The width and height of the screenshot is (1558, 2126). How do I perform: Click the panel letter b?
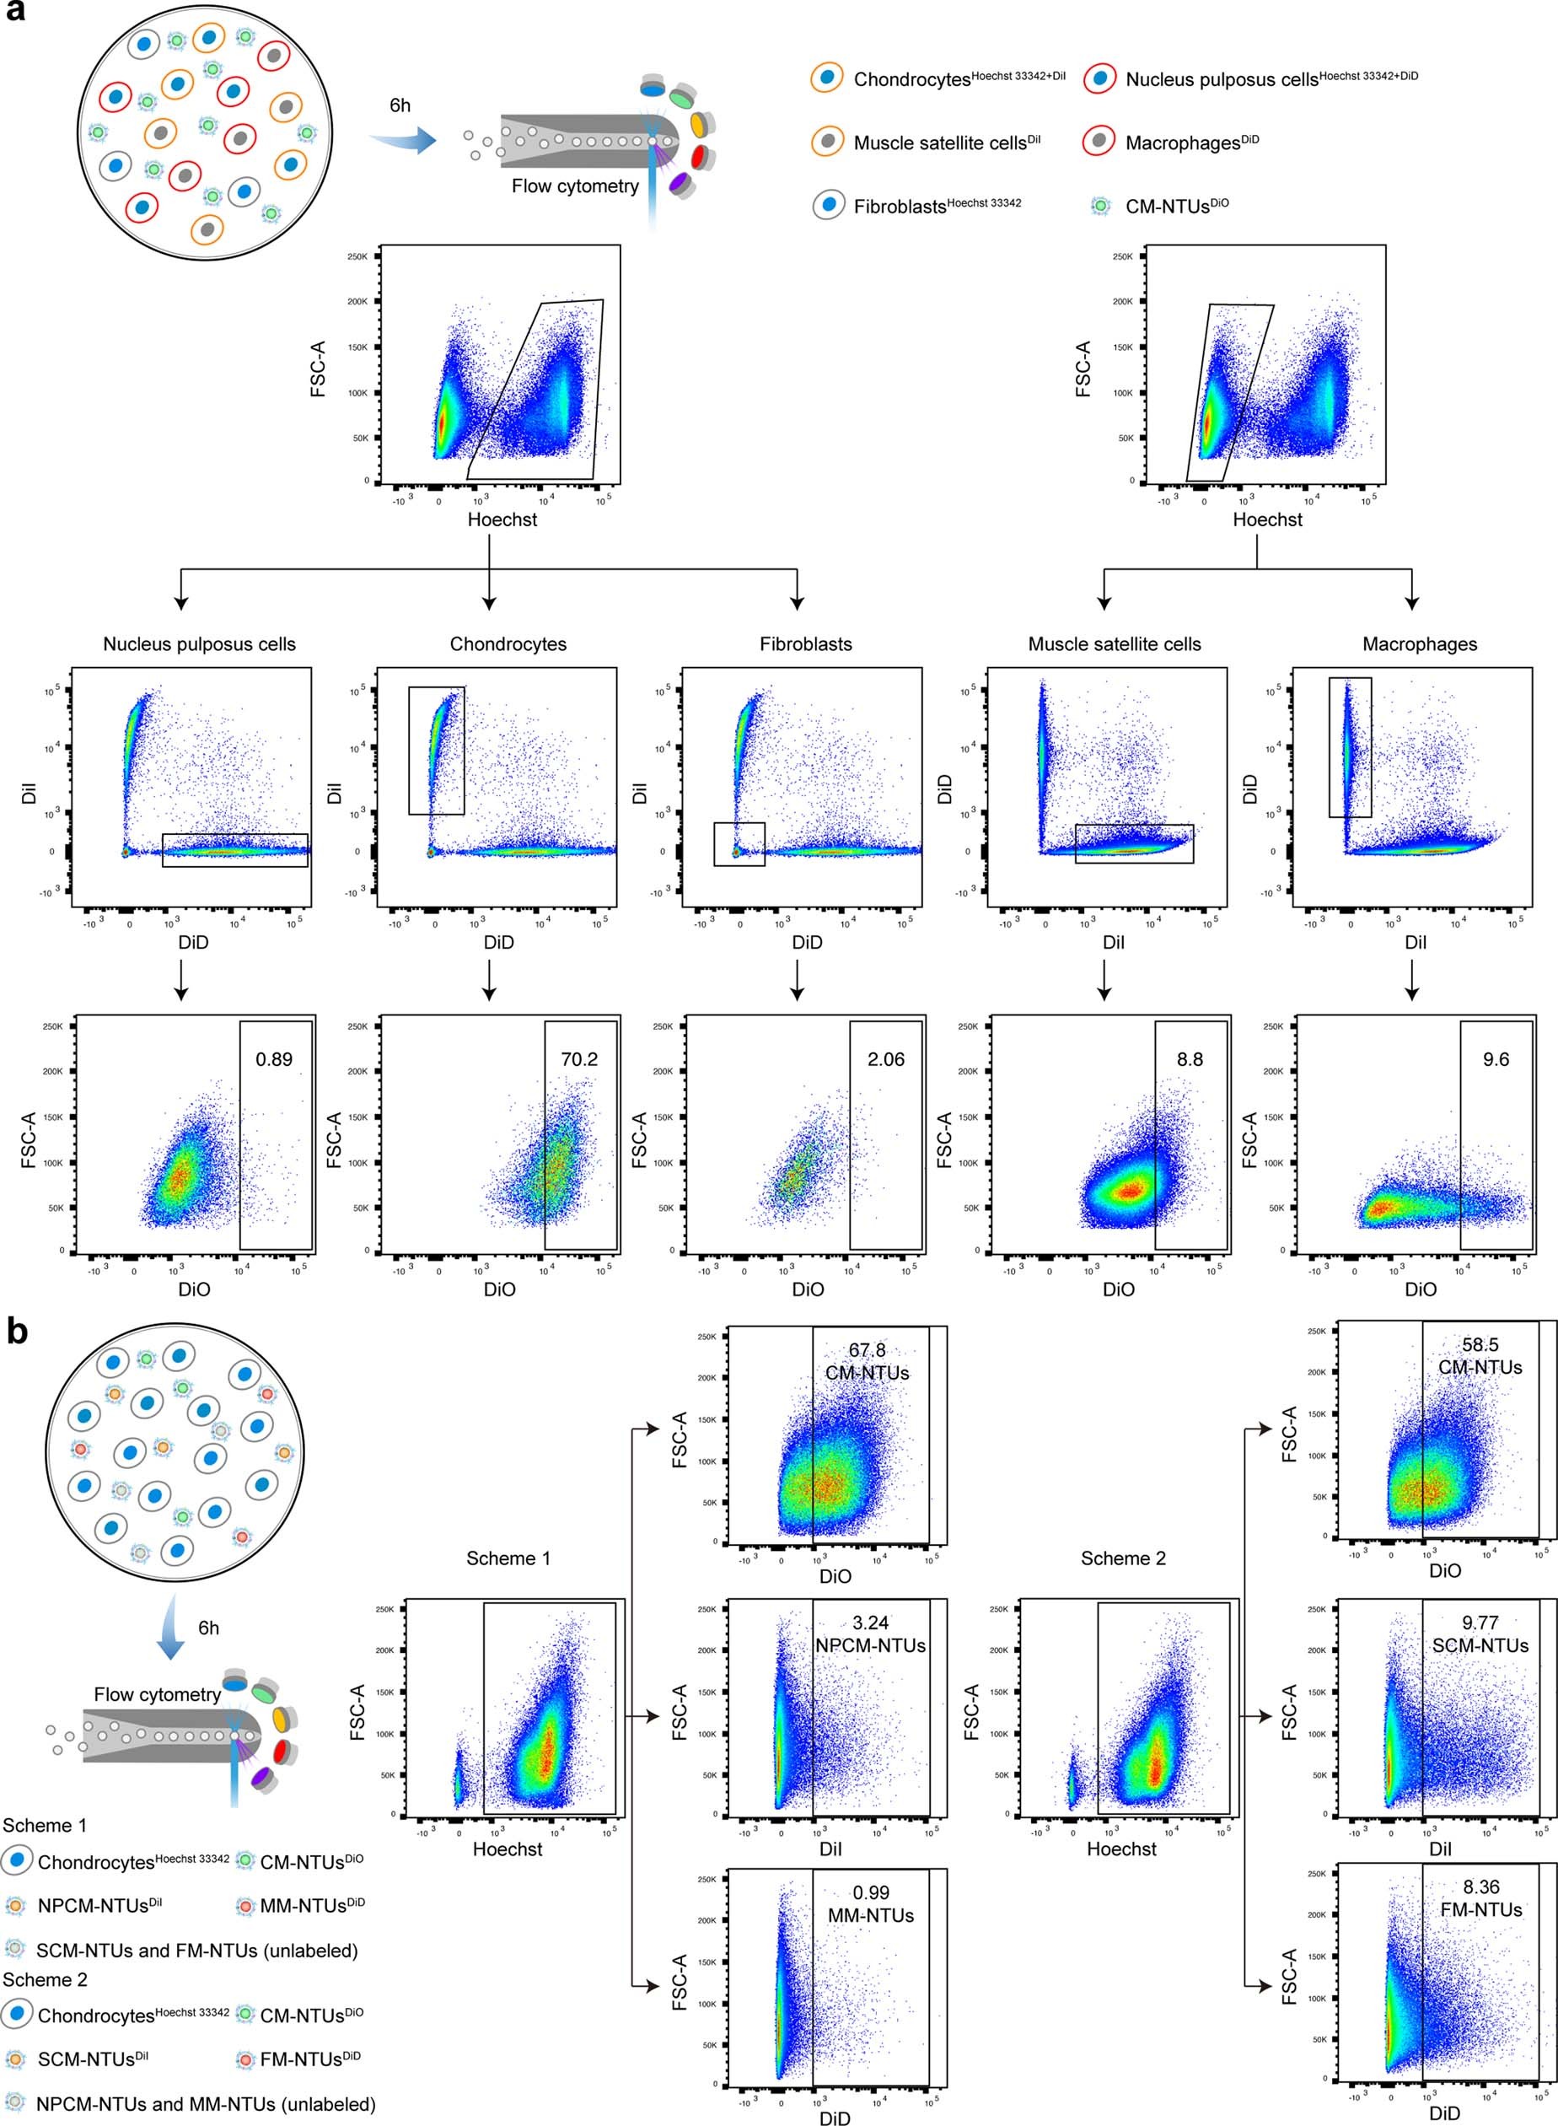click(16, 1331)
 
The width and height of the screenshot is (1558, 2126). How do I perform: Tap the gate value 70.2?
click(579, 1059)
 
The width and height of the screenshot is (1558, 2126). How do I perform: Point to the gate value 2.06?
click(885, 1059)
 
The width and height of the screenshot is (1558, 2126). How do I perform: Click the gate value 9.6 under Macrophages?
click(1496, 1059)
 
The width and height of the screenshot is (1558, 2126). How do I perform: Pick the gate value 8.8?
click(1190, 1059)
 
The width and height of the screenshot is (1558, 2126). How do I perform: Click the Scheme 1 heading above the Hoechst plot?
click(508, 1558)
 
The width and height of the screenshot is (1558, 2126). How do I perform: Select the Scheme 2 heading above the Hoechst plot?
click(1122, 1558)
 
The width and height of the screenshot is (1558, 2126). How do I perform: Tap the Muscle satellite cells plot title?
click(1114, 644)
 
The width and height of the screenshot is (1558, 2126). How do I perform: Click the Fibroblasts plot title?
click(805, 644)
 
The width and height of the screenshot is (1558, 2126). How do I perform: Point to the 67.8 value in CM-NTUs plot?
click(867, 1350)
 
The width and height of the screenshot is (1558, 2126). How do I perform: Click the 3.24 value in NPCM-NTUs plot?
click(869, 1623)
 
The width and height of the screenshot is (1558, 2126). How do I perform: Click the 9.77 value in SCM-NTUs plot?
click(1480, 1623)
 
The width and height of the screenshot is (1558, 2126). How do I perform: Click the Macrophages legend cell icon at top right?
click(1099, 142)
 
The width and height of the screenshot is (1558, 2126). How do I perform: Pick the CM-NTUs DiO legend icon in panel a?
click(1099, 205)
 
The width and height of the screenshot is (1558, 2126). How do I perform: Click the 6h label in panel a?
click(400, 105)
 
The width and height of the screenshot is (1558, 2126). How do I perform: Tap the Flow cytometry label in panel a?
click(574, 186)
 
